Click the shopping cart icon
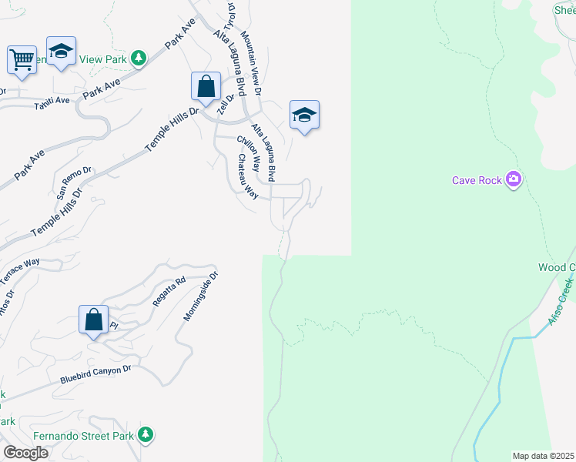pyautogui.click(x=22, y=59)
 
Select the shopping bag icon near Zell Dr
pyautogui.click(x=206, y=86)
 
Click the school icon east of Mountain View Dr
pyautogui.click(x=304, y=115)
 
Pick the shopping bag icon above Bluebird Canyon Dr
pyautogui.click(x=93, y=320)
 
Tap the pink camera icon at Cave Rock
pyautogui.click(x=514, y=180)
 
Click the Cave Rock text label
pyautogui.click(x=476, y=181)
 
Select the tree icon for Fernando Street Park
pyautogui.click(x=144, y=435)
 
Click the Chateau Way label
pyautogui.click(x=246, y=176)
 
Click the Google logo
pyautogui.click(x=25, y=453)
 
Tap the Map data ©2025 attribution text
pyautogui.click(x=542, y=456)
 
